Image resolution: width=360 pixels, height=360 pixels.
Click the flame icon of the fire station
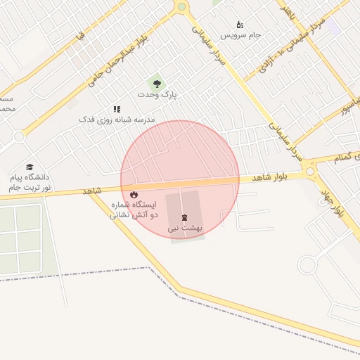[x=134, y=194]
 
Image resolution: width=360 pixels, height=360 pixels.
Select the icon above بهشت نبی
[x=185, y=218]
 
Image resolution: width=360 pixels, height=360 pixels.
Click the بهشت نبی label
[x=185, y=229]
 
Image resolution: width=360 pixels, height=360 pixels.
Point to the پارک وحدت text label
[x=157, y=94]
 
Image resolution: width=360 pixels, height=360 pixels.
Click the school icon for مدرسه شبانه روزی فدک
[x=117, y=110]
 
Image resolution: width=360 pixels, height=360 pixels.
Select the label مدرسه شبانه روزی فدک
[x=117, y=120]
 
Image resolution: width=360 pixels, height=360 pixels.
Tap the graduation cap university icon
[x=30, y=167]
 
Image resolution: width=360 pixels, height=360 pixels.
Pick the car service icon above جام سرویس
[x=240, y=25]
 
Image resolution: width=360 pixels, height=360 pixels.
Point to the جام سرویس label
[x=240, y=35]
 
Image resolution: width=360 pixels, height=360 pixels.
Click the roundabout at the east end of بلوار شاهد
[x=310, y=171]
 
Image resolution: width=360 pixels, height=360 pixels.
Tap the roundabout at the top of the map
[x=182, y=7]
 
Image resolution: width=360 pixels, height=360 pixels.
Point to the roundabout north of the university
[x=19, y=136]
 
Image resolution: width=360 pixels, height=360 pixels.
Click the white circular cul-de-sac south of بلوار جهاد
[x=307, y=265]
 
